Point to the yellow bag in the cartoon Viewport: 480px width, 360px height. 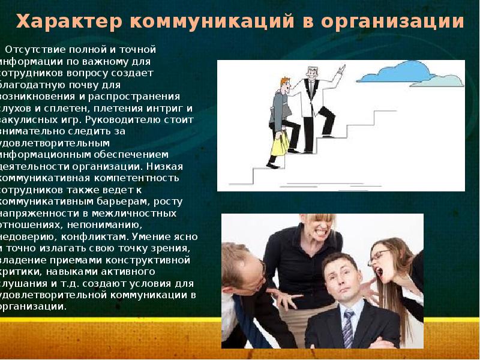pos(280,143)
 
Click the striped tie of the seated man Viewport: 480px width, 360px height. pos(348,328)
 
